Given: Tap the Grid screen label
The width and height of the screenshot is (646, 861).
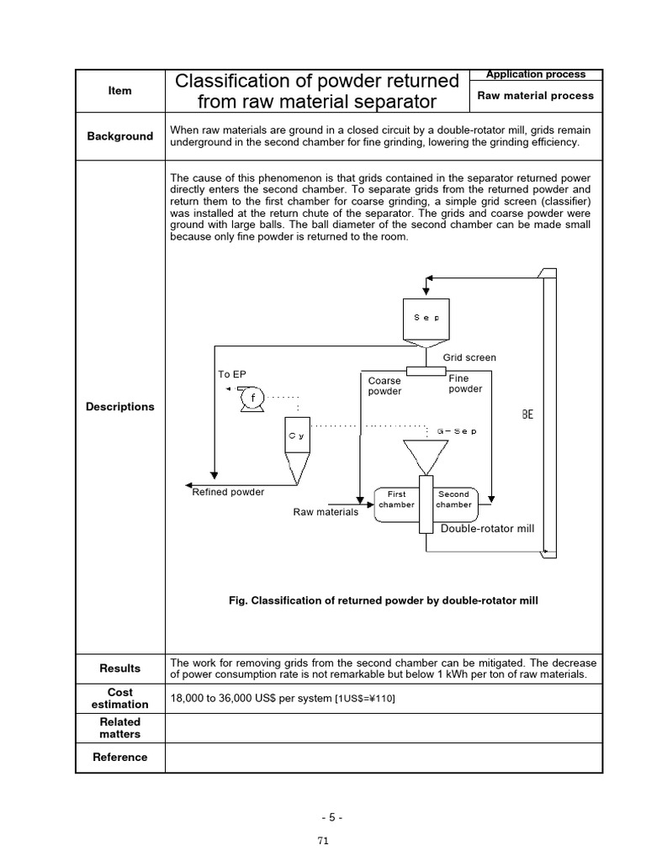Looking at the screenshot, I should (469, 357).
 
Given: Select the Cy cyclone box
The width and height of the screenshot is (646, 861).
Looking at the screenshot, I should (296, 436).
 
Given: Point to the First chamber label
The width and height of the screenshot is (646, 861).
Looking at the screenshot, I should (396, 499).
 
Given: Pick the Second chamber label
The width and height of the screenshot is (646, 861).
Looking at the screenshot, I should (453, 499).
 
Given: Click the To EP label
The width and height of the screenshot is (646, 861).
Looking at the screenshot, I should (232, 374).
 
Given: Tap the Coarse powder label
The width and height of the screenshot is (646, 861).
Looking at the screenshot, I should (384, 386).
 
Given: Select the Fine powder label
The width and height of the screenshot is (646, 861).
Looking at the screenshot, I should (465, 383).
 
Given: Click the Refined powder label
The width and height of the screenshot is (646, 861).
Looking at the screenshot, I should (228, 492).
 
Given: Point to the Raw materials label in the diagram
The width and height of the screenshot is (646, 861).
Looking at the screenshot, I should (326, 512).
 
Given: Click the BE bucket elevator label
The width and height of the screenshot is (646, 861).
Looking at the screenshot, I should (527, 415).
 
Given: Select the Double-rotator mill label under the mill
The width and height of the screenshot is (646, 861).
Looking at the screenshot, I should (488, 529).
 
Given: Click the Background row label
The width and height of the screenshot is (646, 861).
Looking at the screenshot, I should (120, 136).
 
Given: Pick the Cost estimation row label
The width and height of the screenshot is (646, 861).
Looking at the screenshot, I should (120, 699).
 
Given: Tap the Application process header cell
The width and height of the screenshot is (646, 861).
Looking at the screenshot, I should (535, 74).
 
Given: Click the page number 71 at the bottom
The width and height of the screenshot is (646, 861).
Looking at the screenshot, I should (323, 840).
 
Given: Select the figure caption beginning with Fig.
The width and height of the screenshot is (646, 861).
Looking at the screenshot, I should (383, 600).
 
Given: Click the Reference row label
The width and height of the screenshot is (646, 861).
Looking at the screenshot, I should (120, 757).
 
